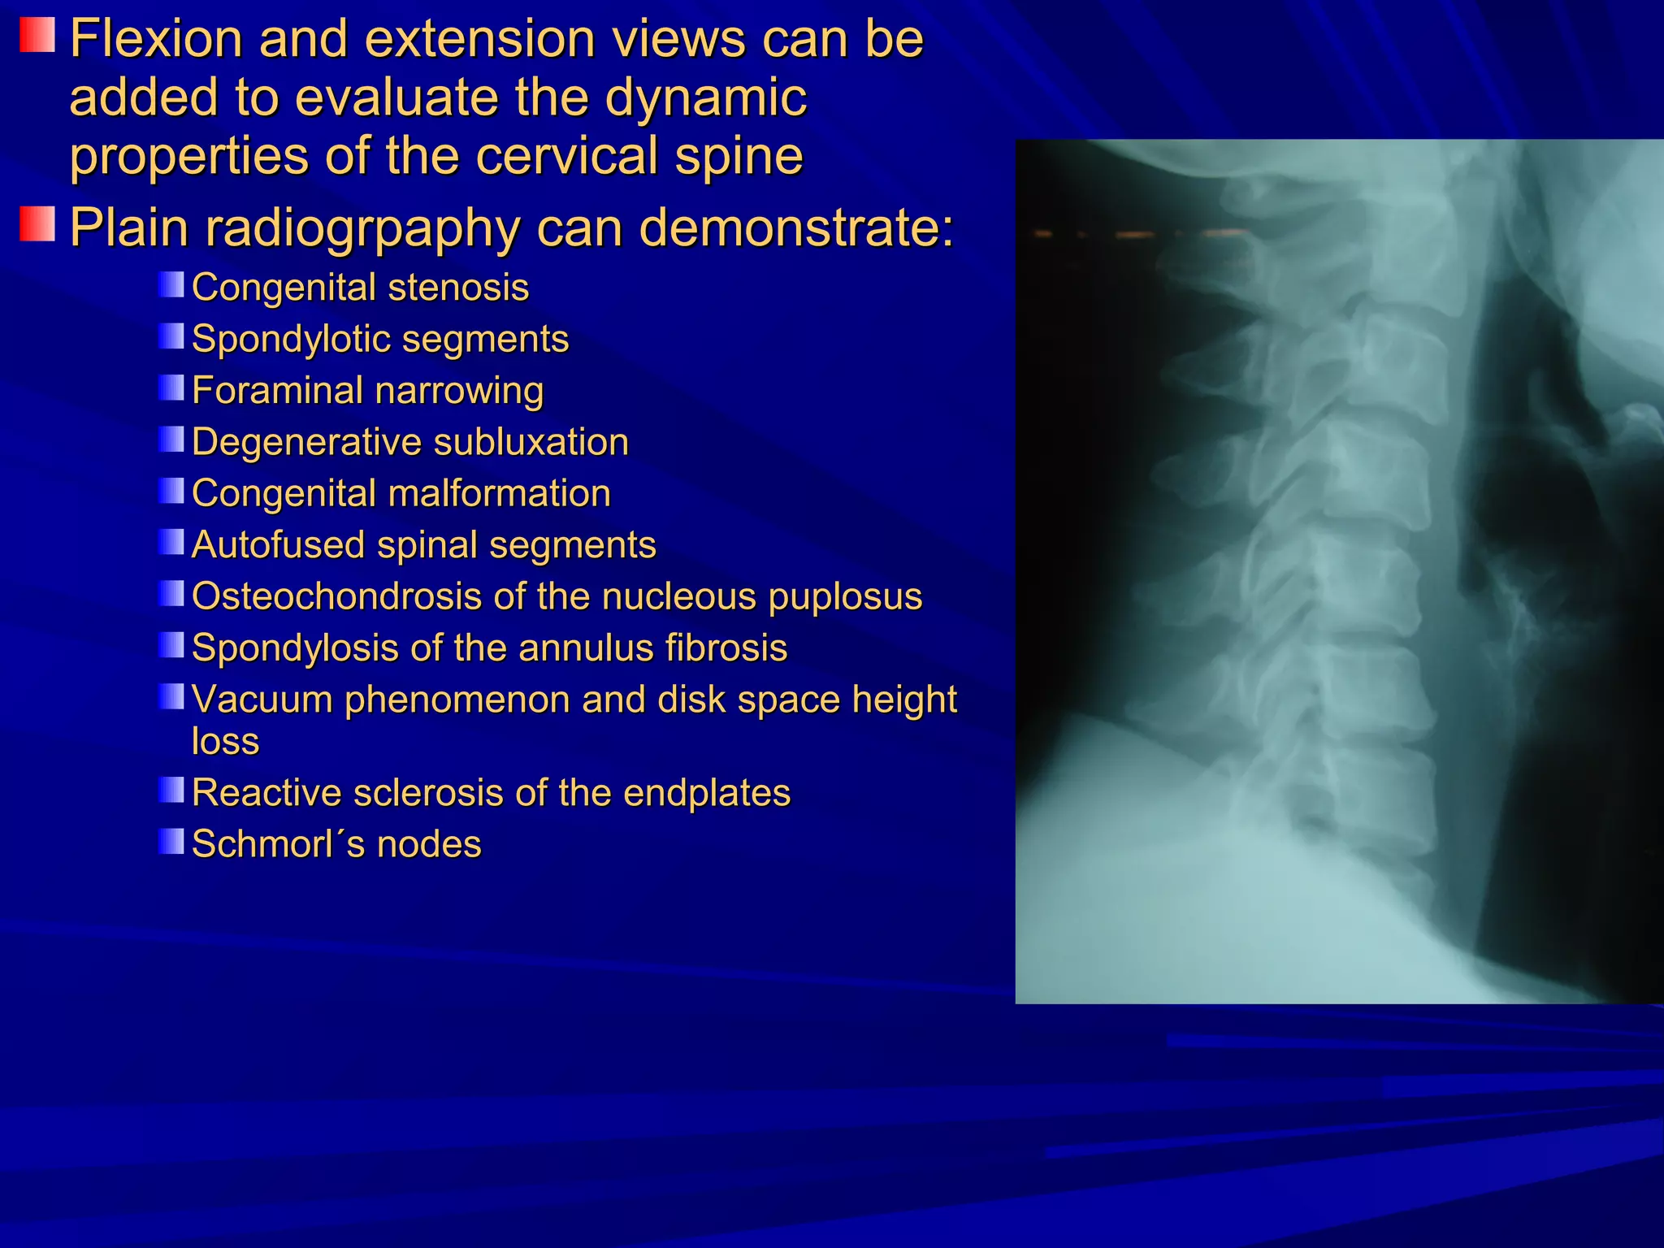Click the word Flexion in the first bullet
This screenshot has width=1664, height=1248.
point(155,39)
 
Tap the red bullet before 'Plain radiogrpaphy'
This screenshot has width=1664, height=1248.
point(37,223)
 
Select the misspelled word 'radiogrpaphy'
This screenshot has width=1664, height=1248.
point(362,229)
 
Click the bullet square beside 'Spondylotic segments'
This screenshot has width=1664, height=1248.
point(171,336)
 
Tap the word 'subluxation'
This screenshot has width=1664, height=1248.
point(531,443)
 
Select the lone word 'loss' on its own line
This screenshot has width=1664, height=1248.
point(225,741)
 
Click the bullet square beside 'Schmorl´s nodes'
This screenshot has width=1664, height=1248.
point(171,842)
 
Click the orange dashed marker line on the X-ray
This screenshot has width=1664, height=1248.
point(1137,235)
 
